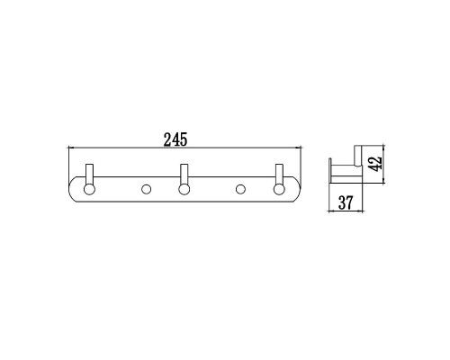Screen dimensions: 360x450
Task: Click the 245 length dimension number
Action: pos(175,140)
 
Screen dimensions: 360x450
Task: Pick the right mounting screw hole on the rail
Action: pos(240,189)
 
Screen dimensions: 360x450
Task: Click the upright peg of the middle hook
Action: pos(184,174)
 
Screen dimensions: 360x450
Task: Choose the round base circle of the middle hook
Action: pos(184,188)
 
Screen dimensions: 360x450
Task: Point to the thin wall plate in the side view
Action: pos(331,171)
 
